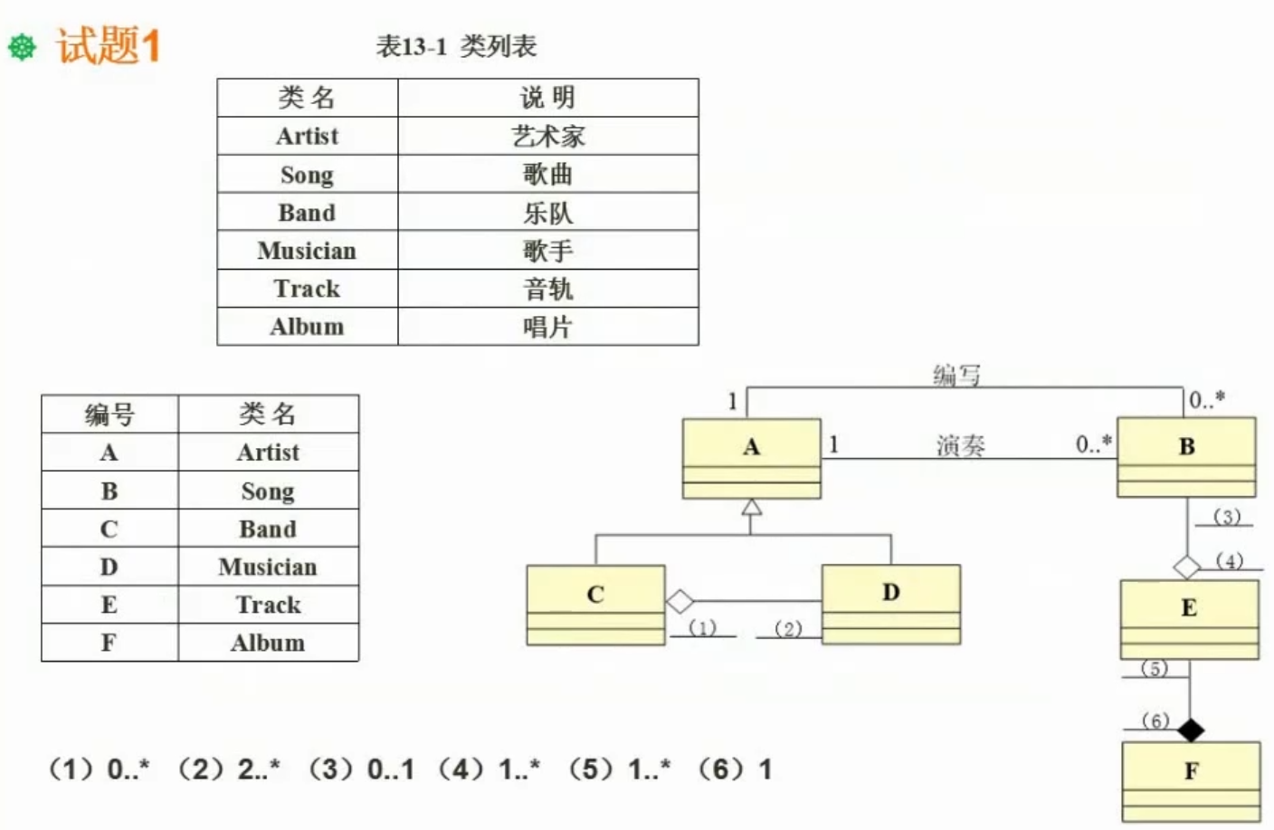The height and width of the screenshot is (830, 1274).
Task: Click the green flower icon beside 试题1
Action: tap(22, 47)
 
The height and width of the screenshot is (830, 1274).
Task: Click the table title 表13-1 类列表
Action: tap(456, 46)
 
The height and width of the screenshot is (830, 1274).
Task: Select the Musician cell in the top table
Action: tap(307, 251)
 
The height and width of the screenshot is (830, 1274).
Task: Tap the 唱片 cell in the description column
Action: tap(547, 327)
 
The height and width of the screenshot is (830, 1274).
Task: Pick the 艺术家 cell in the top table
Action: tap(547, 137)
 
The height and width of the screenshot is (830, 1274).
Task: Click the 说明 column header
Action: tap(547, 98)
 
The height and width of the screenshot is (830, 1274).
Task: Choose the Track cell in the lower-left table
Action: tap(268, 605)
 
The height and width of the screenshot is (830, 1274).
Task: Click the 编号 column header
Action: tap(109, 415)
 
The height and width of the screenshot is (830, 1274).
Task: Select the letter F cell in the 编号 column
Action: tap(109, 643)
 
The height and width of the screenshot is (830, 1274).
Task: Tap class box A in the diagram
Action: tap(751, 458)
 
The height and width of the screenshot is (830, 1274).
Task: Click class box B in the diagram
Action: tap(1186, 457)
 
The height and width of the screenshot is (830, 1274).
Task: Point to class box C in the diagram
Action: tap(595, 605)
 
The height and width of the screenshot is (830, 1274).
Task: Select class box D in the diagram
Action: tap(890, 604)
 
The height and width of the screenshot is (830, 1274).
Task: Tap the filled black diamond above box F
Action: tap(1191, 729)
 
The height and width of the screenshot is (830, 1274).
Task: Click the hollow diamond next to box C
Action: tap(680, 601)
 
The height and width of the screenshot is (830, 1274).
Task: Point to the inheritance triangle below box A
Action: tap(751, 507)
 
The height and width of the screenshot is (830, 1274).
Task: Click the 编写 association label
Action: tap(955, 375)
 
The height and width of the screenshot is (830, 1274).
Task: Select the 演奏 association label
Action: tap(960, 445)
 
